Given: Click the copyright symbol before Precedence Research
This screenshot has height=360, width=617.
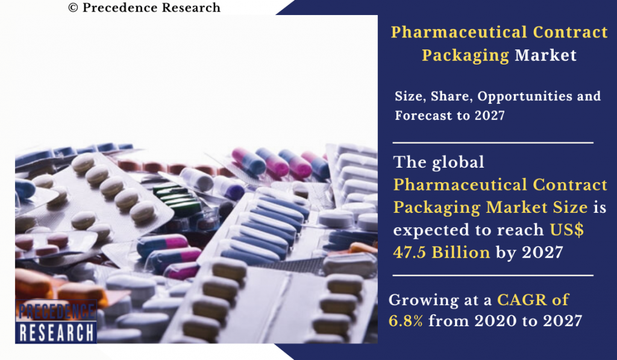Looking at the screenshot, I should pyautogui.click(x=73, y=8).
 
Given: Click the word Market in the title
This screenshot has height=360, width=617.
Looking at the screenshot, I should pyautogui.click(x=545, y=55).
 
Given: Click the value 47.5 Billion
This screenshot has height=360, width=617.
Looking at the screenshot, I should pyautogui.click(x=441, y=252).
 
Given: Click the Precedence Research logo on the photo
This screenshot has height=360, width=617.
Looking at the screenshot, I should pyautogui.click(x=56, y=321).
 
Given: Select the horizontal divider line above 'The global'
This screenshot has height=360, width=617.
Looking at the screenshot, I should pyautogui.click(x=493, y=143).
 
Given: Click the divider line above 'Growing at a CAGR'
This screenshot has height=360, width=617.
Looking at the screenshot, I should pyautogui.click(x=493, y=276).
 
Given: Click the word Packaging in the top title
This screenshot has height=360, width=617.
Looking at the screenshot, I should pyautogui.click(x=465, y=55).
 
